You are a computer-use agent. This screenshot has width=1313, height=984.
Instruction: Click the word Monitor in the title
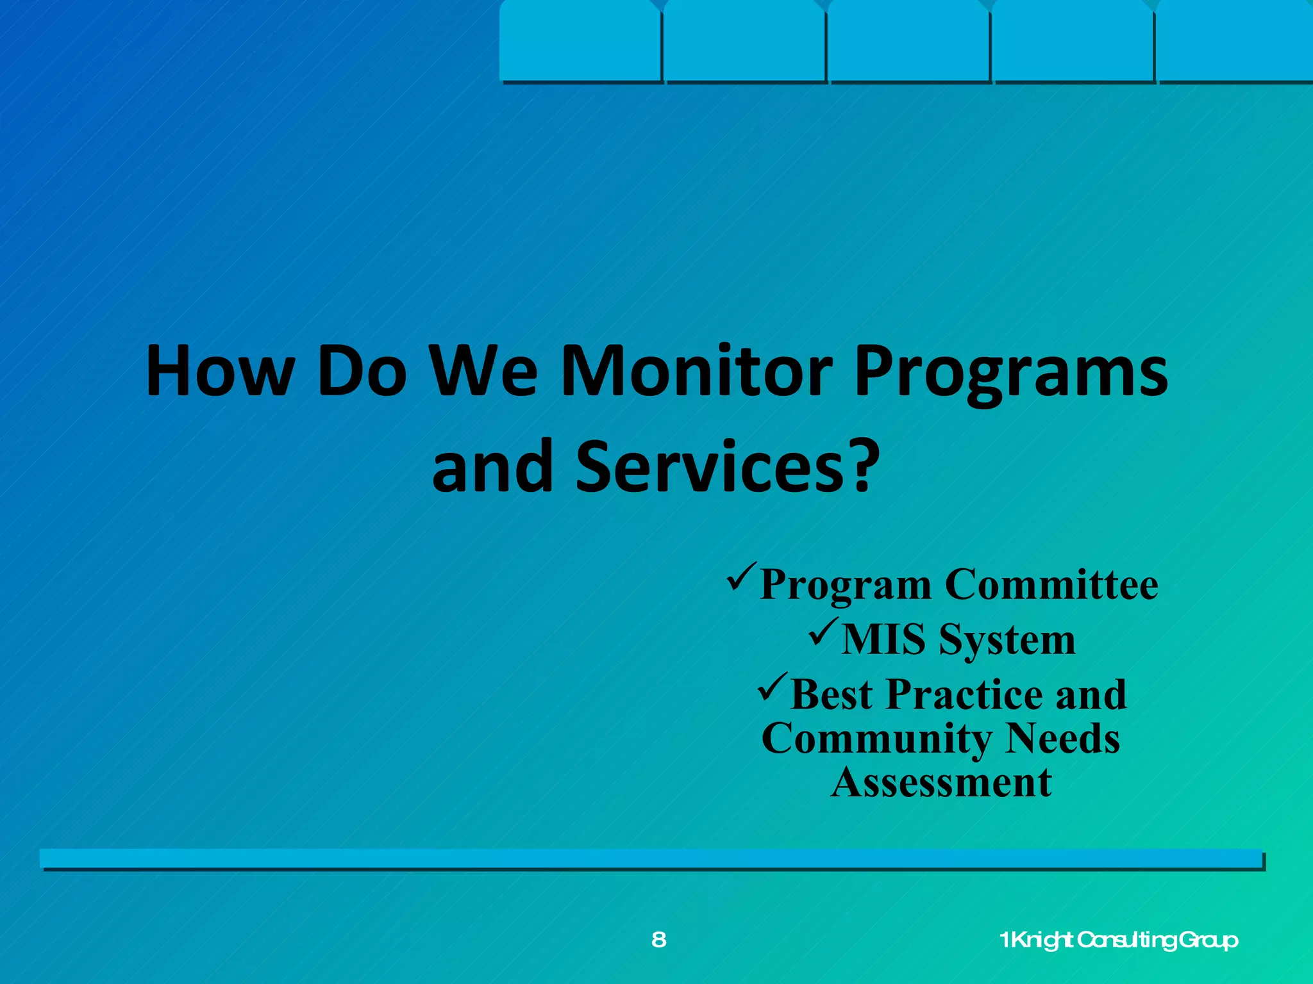(x=696, y=372)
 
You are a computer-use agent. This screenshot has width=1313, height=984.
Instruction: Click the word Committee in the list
(x=1051, y=584)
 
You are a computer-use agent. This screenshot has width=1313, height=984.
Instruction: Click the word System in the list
(x=1007, y=641)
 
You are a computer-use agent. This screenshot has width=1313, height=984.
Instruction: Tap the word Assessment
(x=941, y=783)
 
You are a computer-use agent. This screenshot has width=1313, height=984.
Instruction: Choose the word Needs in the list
(x=1062, y=739)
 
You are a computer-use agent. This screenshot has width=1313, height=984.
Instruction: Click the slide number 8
(x=658, y=940)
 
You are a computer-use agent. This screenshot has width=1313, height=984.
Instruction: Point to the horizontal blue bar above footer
(x=651, y=858)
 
